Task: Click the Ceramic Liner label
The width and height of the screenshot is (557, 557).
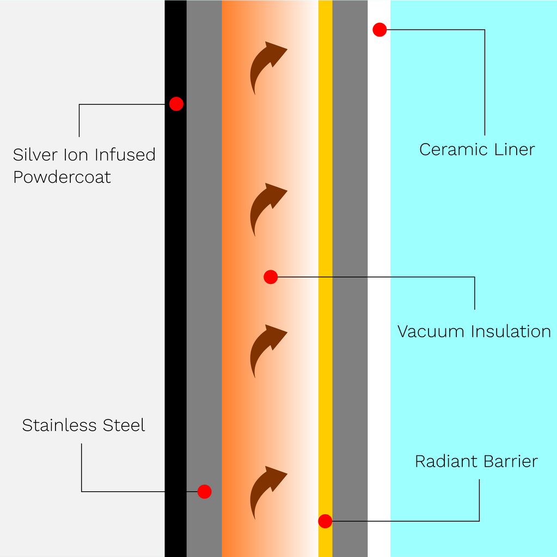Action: pos(477,150)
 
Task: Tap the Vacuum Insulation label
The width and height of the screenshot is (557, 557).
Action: pos(474,331)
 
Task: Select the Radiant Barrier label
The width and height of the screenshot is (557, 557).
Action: pos(476,462)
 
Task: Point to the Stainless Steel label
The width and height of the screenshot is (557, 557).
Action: pos(83,425)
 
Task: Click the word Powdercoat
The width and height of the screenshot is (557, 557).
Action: pos(62,177)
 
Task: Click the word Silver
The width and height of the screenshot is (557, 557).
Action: pos(34,155)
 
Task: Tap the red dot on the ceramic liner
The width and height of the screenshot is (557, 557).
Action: pos(380,30)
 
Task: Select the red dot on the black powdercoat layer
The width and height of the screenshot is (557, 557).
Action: pos(176,103)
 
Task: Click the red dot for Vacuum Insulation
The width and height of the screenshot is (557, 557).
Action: pos(271,277)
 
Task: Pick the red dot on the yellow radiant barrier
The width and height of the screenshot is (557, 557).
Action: pos(325,521)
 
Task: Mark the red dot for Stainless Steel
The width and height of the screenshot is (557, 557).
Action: pos(204,492)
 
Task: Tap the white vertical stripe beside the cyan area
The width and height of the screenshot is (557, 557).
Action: pos(379,272)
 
